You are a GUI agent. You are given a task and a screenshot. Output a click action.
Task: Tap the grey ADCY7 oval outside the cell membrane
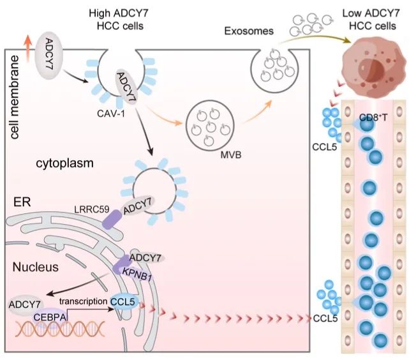pyautogui.click(x=50, y=49)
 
